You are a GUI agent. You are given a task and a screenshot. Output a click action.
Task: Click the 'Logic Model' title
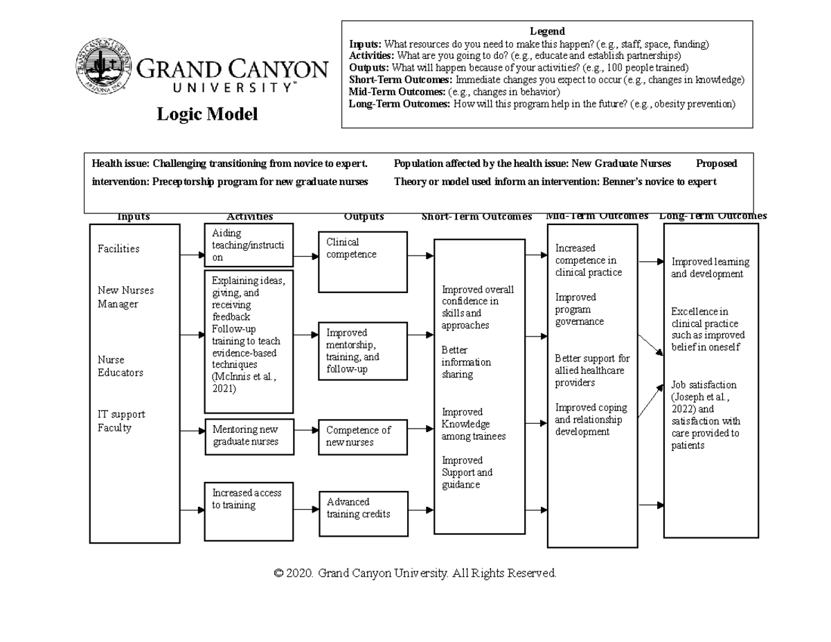(207, 114)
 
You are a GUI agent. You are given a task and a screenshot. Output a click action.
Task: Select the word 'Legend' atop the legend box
(547, 31)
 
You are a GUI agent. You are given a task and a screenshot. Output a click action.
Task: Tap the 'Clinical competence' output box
(362, 261)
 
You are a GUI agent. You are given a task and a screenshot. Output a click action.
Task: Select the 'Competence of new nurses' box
(363, 436)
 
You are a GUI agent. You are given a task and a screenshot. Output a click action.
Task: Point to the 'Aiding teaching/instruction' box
(249, 244)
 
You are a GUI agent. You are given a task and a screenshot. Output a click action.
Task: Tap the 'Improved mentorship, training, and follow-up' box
(363, 350)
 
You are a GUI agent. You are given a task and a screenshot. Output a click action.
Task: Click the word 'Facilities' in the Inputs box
(118, 249)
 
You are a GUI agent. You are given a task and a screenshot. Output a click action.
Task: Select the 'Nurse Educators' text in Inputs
(120, 366)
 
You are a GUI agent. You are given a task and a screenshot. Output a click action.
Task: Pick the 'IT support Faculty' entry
(121, 421)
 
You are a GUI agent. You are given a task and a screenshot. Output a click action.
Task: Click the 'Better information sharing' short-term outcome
(466, 362)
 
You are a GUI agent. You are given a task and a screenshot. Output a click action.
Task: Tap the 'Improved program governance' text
(579, 309)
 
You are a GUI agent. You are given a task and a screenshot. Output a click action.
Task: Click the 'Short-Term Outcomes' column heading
(476, 217)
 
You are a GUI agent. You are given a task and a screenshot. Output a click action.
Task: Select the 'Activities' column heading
(249, 217)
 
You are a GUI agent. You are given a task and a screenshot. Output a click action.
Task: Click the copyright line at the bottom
(415, 573)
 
